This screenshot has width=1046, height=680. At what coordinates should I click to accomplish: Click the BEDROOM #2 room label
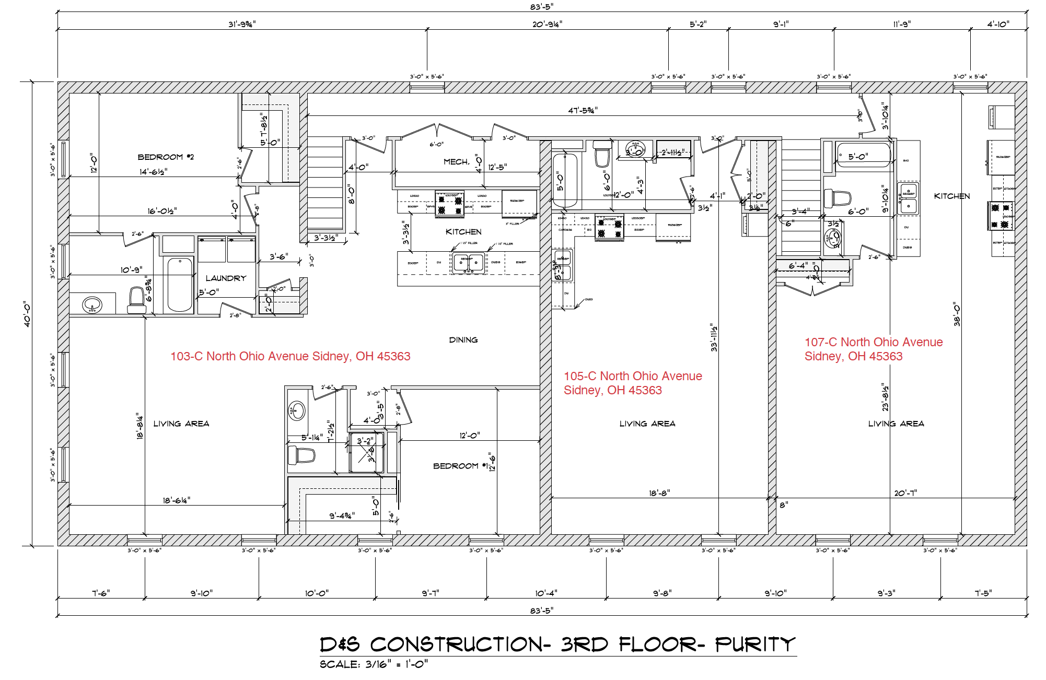(x=165, y=157)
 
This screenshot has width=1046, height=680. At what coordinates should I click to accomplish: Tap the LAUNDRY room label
(x=226, y=278)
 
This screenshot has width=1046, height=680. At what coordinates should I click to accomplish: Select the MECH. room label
(x=456, y=162)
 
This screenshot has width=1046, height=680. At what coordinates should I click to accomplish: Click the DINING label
(x=463, y=339)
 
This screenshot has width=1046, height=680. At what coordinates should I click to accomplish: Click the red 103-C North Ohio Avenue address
(x=290, y=356)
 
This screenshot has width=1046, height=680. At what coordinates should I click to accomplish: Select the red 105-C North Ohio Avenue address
(x=632, y=383)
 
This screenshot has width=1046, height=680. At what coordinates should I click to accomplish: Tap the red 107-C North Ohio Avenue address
(x=873, y=349)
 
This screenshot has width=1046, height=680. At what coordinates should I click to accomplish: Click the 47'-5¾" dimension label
(x=583, y=110)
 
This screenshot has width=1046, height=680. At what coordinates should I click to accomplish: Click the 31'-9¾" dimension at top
(x=241, y=24)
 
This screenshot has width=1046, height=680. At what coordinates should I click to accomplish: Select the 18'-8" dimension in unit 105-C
(x=659, y=493)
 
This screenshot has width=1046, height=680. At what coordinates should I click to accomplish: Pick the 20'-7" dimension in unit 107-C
(x=905, y=493)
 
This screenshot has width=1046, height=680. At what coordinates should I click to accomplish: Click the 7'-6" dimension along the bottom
(x=101, y=593)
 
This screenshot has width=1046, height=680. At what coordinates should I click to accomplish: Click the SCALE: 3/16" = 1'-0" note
(x=374, y=664)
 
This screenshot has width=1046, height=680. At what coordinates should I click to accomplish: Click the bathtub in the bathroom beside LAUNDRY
(x=179, y=284)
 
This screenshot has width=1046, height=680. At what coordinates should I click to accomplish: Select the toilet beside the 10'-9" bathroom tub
(x=137, y=300)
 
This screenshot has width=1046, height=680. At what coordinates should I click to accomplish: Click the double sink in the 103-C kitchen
(x=468, y=263)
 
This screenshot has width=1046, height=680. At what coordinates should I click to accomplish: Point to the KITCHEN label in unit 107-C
(x=951, y=196)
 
